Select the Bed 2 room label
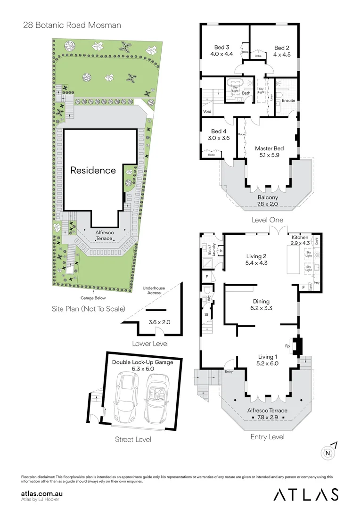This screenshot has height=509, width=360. point(281,51)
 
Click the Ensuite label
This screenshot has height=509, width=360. point(288,100)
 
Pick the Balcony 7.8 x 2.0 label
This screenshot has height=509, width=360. point(268,201)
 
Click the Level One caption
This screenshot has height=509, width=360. point(267,220)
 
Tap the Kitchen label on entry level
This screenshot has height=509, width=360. point(300,240)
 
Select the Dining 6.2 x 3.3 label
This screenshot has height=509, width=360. point(261,305)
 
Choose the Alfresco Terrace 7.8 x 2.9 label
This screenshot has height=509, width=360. point(267,414)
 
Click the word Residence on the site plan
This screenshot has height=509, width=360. point(93,170)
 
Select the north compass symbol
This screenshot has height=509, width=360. point(327,453)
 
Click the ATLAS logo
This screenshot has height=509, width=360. point(306,494)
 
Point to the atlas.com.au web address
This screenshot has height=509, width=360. point(42,493)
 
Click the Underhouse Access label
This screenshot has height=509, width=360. point(154,290)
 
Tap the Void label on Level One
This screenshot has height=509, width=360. point(207,112)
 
